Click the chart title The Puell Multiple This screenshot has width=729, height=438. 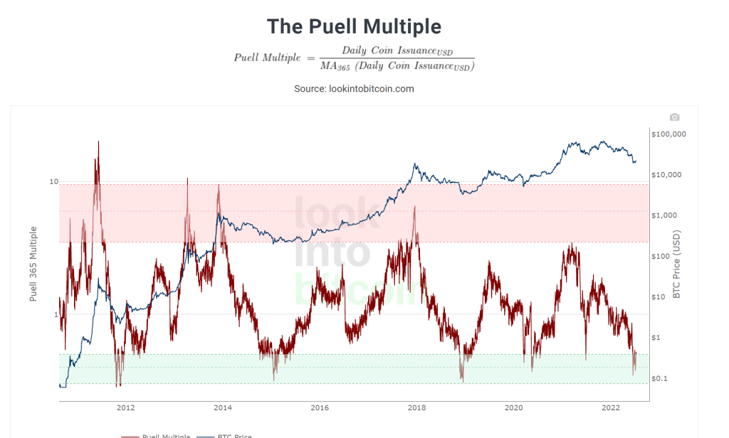(x=354, y=26)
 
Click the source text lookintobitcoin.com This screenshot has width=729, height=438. (x=354, y=89)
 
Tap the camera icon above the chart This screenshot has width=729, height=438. (x=675, y=117)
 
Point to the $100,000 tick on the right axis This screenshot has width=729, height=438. (x=668, y=134)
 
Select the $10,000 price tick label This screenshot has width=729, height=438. (x=668, y=174)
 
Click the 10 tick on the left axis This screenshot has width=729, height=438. (x=53, y=182)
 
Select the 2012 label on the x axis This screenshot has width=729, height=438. (x=126, y=408)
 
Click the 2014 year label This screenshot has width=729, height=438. (x=223, y=408)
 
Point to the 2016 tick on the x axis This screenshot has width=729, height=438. (x=320, y=408)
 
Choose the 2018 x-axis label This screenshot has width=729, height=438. (x=417, y=408)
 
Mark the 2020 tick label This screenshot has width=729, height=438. (x=514, y=408)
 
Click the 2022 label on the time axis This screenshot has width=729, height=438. (x=611, y=408)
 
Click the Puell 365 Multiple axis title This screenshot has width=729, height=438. (x=33, y=263)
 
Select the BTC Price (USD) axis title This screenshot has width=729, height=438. (x=677, y=263)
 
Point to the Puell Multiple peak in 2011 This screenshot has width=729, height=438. (x=98, y=142)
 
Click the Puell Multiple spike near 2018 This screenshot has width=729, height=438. (x=414, y=208)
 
